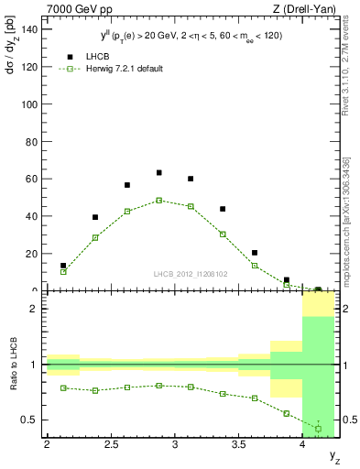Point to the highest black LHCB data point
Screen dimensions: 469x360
tap(158, 172)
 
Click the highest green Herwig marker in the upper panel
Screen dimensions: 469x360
tap(158, 200)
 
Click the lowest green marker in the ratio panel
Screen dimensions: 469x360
tap(318, 429)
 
